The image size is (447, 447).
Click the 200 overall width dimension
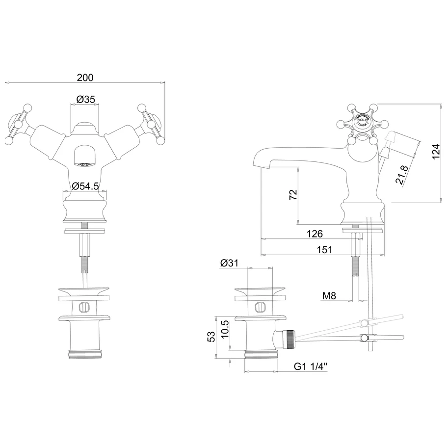pyautogui.click(x=85, y=78)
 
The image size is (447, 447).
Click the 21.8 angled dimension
pyautogui.click(x=402, y=174)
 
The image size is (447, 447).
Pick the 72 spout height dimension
pyautogui.click(x=292, y=195)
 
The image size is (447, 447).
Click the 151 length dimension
pyautogui.click(x=324, y=250)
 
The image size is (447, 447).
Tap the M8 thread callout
pyautogui.click(x=329, y=296)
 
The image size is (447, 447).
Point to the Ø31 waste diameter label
pyautogui.click(x=229, y=263)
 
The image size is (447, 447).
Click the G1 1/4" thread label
pyautogui.click(x=311, y=366)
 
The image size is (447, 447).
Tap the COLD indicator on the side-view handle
pyautogui.click(x=362, y=120)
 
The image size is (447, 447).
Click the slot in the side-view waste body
pyautogui.click(x=260, y=308)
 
